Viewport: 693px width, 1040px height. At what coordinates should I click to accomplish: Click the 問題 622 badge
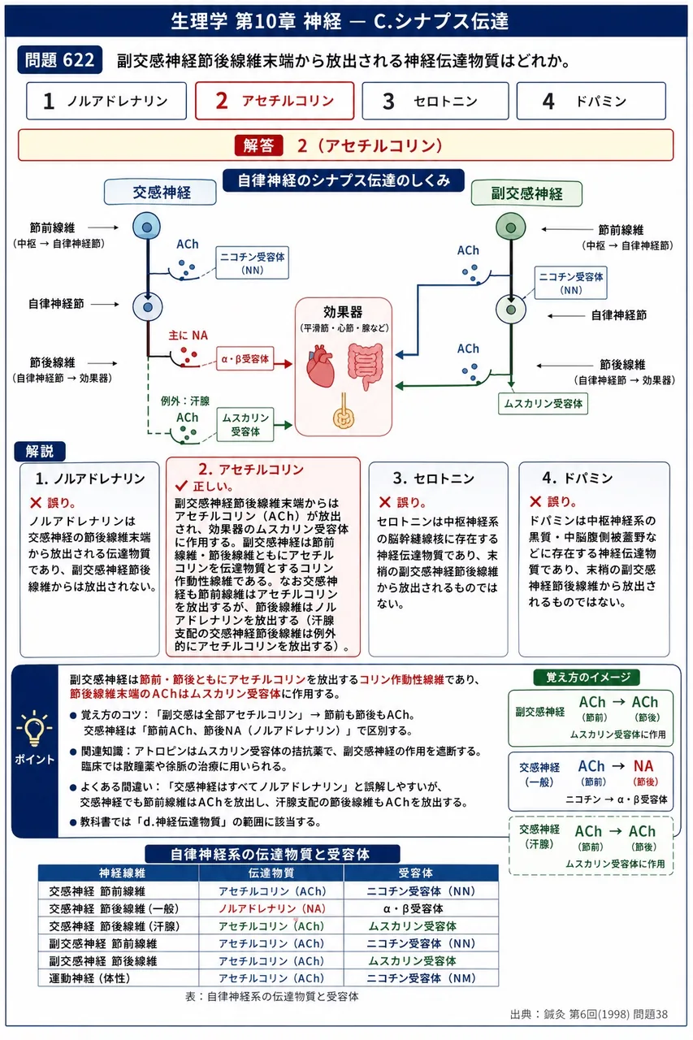tap(59, 60)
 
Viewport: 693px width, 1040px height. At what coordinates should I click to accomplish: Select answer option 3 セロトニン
tap(435, 101)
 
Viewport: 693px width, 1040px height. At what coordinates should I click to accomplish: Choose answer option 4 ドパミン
tap(591, 101)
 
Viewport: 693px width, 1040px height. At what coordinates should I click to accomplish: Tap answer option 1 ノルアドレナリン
tap(106, 101)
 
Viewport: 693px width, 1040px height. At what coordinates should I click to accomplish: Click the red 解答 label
tap(258, 145)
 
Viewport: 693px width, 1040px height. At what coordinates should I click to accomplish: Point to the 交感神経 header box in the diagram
tap(160, 193)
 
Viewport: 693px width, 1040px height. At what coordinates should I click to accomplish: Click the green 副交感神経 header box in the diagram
tap(526, 193)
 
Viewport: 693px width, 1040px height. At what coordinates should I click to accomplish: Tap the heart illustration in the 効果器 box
tap(320, 366)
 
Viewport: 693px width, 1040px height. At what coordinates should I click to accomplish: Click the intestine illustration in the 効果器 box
tap(366, 366)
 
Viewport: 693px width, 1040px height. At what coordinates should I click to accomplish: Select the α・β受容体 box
tap(245, 359)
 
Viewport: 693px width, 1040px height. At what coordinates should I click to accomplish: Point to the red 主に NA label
tap(188, 336)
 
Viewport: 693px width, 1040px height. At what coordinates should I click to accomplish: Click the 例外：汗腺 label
tap(184, 401)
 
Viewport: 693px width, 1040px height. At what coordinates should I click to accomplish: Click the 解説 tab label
tap(40, 451)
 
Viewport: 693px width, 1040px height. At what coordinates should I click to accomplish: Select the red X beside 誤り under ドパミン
tap(535, 501)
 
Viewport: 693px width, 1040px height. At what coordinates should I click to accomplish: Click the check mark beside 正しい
tap(181, 486)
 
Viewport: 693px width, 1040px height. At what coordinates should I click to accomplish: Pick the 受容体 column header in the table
tap(415, 873)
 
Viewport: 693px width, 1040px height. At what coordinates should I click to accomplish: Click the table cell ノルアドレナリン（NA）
tap(272, 908)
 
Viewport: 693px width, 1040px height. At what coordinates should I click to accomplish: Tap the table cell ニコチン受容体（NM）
tap(421, 978)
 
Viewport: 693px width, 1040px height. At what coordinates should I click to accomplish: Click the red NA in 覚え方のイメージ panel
tap(643, 765)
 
